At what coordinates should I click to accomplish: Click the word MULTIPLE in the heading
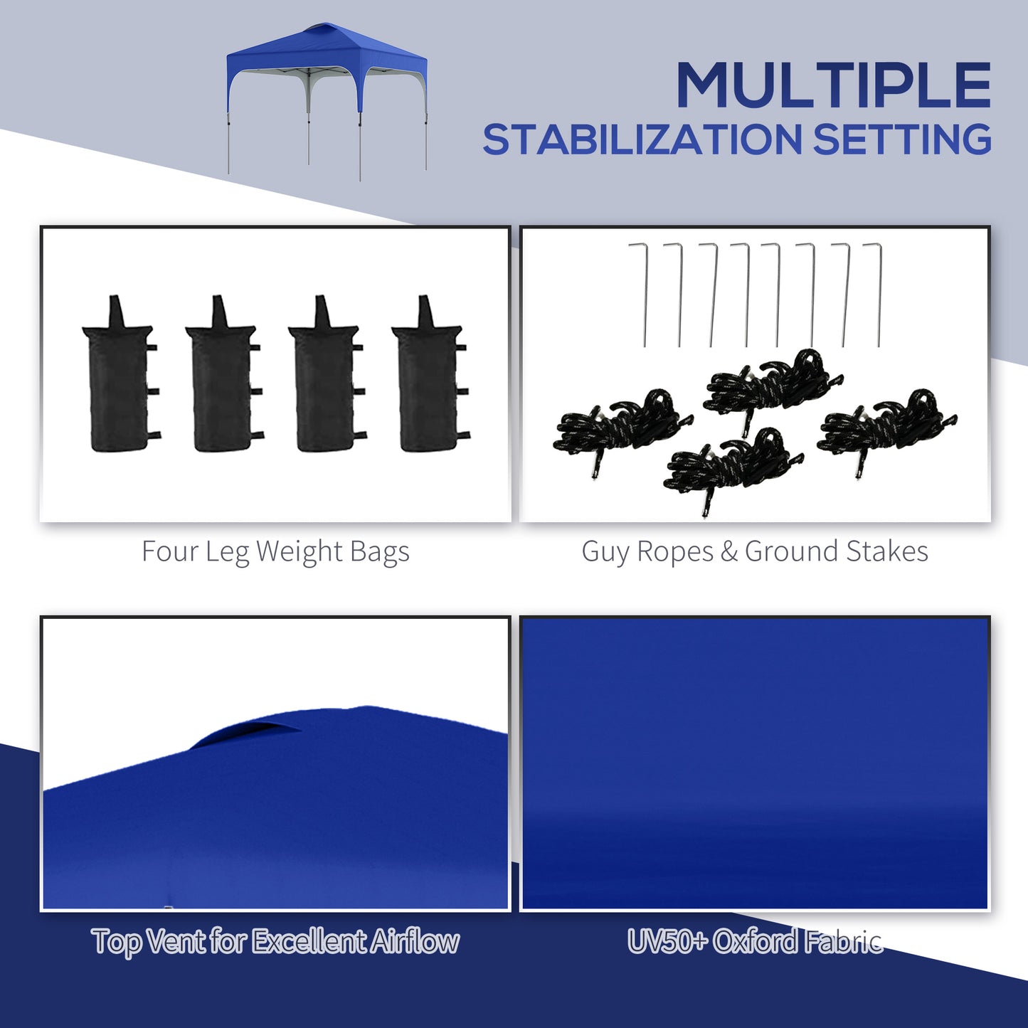click(833, 85)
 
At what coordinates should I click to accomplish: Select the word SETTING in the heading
click(902, 139)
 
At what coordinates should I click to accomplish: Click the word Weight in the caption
click(299, 552)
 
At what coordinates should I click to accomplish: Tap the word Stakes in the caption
click(886, 552)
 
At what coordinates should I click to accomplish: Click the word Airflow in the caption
click(415, 942)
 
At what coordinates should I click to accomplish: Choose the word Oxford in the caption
click(756, 942)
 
